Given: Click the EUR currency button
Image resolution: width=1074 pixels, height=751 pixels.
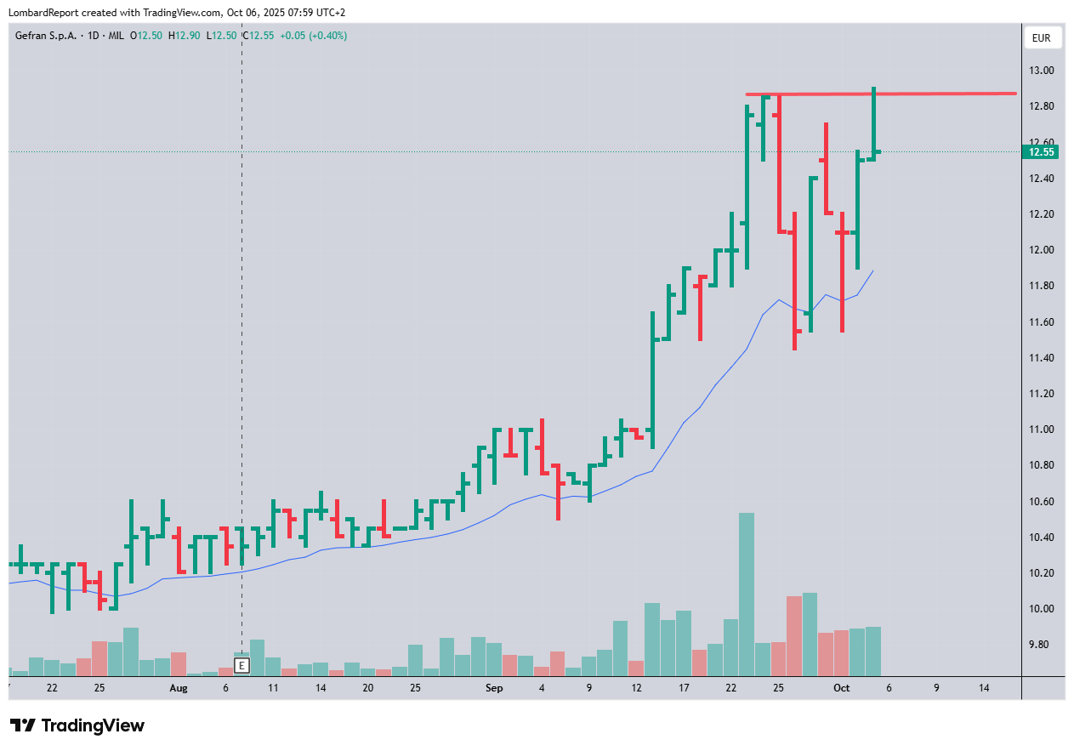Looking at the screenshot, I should (x=1042, y=38).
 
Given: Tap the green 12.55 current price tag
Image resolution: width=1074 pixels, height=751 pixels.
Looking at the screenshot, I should (x=1042, y=152).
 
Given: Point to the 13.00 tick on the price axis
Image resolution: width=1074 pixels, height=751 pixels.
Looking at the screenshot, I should (x=1042, y=71).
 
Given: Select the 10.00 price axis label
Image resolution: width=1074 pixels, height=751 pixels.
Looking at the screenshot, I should (x=1042, y=609).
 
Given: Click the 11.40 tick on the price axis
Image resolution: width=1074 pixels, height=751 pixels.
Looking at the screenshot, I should (x=1042, y=358).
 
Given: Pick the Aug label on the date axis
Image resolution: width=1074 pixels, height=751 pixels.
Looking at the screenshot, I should (x=178, y=687).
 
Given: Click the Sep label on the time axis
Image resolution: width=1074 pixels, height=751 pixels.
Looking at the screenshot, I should (x=494, y=687).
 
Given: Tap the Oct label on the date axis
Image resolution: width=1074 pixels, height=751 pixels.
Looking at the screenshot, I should (x=841, y=687).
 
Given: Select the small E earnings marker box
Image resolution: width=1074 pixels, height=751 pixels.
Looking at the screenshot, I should (x=242, y=665).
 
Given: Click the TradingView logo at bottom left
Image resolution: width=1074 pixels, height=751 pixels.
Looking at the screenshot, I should (x=78, y=725).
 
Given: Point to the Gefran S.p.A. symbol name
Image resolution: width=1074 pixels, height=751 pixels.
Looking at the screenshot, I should (x=46, y=36).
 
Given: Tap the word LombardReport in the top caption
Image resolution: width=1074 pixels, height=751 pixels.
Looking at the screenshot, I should (x=43, y=12).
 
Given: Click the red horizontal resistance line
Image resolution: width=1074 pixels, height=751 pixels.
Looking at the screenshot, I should (x=935, y=94).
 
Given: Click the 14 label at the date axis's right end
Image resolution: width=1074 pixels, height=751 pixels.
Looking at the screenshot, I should (x=984, y=687).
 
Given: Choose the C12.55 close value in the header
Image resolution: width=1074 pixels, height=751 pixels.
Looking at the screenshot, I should (x=259, y=36).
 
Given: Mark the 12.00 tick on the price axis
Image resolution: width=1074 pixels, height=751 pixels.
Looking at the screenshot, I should (x=1042, y=250).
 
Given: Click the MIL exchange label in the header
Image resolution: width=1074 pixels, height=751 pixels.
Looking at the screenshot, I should (x=116, y=36).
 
